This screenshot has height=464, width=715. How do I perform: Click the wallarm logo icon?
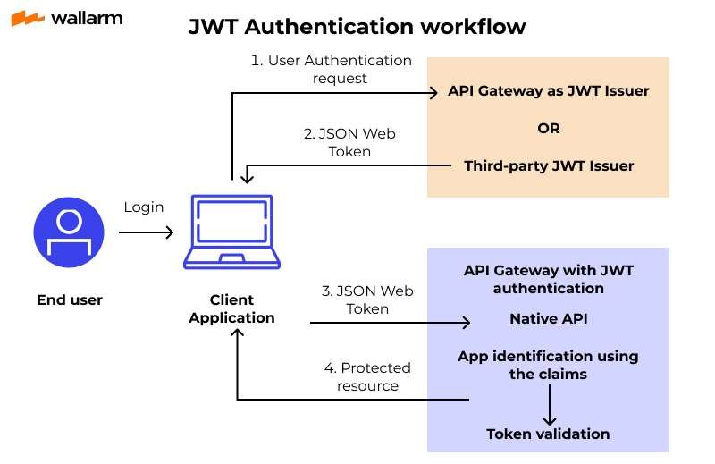click(x=28, y=18)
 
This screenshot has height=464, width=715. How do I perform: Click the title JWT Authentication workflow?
click(x=357, y=27)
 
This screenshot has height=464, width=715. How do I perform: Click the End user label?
click(x=69, y=300)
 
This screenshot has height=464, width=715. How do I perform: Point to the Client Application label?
click(x=231, y=308)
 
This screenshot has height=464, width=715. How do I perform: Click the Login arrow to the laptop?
click(x=146, y=232)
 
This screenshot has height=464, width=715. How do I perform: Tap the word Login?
click(x=144, y=207)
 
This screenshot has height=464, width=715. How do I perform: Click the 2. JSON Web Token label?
click(x=349, y=142)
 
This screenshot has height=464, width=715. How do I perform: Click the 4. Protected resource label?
click(x=367, y=376)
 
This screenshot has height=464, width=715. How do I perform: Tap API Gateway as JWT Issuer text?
click(x=548, y=91)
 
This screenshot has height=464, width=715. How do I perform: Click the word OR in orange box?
click(x=548, y=128)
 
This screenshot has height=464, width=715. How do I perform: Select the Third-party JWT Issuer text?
click(x=548, y=165)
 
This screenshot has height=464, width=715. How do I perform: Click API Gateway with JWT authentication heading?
click(x=548, y=279)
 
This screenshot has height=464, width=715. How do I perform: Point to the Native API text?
click(x=548, y=318)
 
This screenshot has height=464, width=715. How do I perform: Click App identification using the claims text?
click(x=548, y=365)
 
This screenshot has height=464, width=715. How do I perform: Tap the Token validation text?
click(x=548, y=434)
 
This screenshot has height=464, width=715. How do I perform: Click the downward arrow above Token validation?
click(x=549, y=406)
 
